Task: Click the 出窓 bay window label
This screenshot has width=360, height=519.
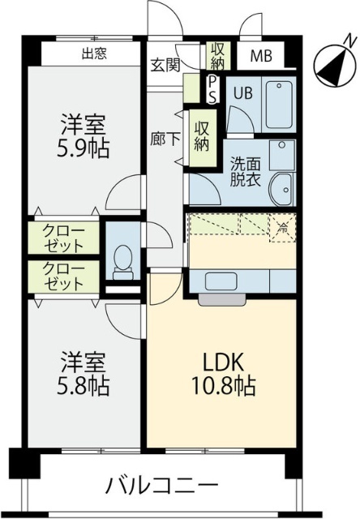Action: click(96, 55)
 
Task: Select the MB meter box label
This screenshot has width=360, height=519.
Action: click(260, 56)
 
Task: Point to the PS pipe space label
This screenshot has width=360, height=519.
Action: click(212, 88)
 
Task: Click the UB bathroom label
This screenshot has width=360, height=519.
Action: click(242, 92)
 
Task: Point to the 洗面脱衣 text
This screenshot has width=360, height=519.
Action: click(242, 171)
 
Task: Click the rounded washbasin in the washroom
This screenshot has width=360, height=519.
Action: click(282, 188)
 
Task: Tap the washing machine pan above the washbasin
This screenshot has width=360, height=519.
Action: click(281, 154)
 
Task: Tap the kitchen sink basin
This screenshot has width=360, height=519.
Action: click(221, 281)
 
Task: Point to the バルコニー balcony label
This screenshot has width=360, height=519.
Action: click(162, 486)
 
